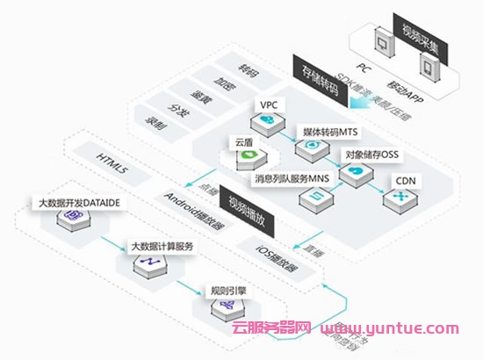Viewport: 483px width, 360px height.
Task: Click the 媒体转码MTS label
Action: [328, 131]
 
